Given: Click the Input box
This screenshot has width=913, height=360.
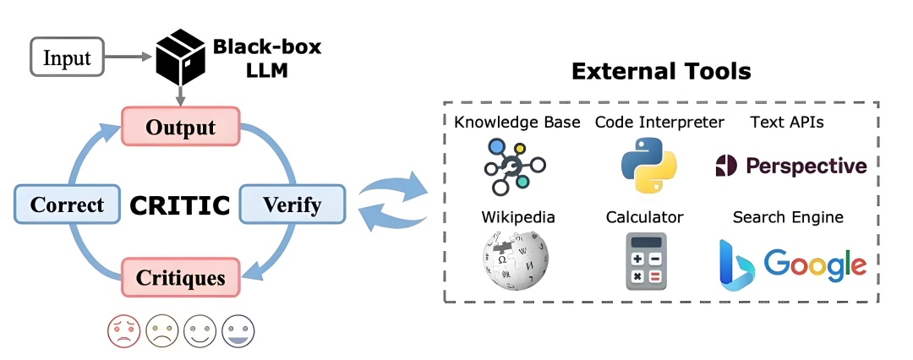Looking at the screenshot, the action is pyautogui.click(x=67, y=57).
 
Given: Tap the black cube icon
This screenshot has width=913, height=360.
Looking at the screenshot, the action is pyautogui.click(x=181, y=57).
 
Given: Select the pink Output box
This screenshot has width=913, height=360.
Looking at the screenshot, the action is pyautogui.click(x=181, y=127).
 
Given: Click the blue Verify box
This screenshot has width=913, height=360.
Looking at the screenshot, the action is pyautogui.click(x=292, y=204).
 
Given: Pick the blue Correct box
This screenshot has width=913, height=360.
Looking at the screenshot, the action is pyautogui.click(x=67, y=204).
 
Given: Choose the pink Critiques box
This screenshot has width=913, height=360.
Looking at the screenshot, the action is pyautogui.click(x=181, y=277).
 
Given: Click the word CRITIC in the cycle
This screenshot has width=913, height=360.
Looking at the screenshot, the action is pyautogui.click(x=179, y=205).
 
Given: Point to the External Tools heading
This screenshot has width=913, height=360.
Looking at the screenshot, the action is pyautogui.click(x=661, y=71).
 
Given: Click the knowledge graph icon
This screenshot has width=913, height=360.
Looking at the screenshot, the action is pyautogui.click(x=514, y=166).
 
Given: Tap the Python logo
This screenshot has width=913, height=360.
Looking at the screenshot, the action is pyautogui.click(x=648, y=166).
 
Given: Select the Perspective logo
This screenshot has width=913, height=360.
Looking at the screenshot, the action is pyautogui.click(x=790, y=166).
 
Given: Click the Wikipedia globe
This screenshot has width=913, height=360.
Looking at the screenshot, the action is pyautogui.click(x=516, y=259).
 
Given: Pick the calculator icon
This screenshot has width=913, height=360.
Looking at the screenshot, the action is pyautogui.click(x=647, y=261).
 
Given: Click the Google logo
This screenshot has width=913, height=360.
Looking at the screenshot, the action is pyautogui.click(x=815, y=264).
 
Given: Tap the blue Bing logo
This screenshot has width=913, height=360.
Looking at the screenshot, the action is pyautogui.click(x=736, y=265).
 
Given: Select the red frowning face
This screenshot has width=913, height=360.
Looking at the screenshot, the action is pyautogui.click(x=124, y=331).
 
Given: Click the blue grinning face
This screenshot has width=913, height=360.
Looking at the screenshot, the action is pyautogui.click(x=238, y=331).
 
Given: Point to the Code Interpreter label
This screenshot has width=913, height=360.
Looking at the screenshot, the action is pyautogui.click(x=659, y=123).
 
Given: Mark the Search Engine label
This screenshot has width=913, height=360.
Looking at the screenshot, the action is pyautogui.click(x=788, y=217).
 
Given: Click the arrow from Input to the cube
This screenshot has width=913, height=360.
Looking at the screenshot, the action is pyautogui.click(x=128, y=57).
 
